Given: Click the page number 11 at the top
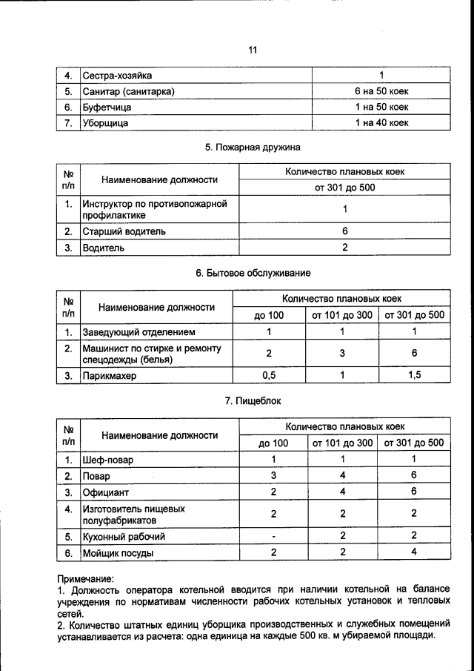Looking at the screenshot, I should pos(252,50).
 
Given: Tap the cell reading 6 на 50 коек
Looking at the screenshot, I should pos(381,91).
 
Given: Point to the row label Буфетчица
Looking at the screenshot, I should pos(107,108).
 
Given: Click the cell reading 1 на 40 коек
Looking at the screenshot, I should pos(381,123).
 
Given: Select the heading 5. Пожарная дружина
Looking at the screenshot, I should pos(253,147).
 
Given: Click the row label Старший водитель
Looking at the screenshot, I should pos(124,231).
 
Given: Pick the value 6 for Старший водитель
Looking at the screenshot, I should pos(345,231).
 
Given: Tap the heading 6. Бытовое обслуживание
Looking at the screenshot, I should pos(253,273).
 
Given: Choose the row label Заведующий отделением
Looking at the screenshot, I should pos(138,331).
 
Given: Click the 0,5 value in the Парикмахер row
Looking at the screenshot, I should pos(270,375).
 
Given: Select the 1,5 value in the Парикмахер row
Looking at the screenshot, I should pos(415,375).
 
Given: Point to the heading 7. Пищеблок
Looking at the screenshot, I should pos(253,401).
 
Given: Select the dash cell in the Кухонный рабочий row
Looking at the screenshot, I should pos(273,536).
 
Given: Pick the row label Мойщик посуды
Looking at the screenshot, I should pos(118,552).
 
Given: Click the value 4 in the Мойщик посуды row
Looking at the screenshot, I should pos(415,552).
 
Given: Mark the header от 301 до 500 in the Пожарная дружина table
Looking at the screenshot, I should pos(345,188).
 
